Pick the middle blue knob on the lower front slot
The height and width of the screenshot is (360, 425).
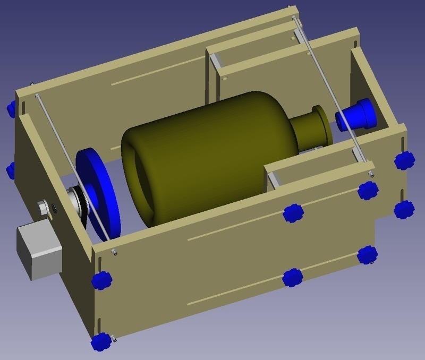(292, 277)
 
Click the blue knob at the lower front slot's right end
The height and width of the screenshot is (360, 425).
(367, 255)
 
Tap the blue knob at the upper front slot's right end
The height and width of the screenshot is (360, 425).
(367, 190)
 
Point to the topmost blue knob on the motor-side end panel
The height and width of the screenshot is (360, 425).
(11, 109)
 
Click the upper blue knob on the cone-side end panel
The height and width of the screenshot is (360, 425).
(404, 160)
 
